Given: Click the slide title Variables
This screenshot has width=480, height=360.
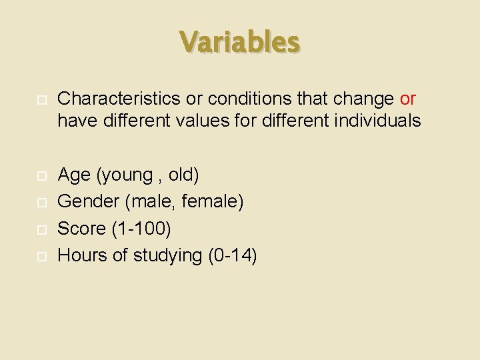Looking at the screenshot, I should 240,41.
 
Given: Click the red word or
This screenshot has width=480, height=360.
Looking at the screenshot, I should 407,99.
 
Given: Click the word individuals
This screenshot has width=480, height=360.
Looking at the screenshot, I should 379,121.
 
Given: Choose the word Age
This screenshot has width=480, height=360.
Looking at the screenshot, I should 74,175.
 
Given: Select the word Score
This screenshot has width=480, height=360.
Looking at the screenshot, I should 82,229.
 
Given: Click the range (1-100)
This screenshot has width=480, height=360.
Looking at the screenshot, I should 141,229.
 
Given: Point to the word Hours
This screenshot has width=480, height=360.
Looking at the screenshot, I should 83,255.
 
